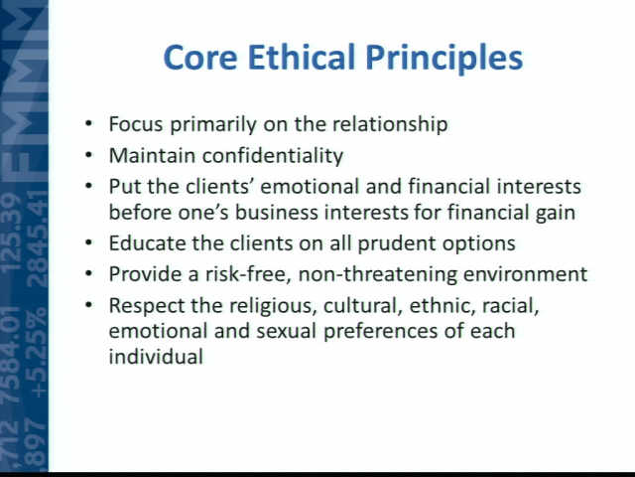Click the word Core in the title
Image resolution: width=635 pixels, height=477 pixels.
point(200,58)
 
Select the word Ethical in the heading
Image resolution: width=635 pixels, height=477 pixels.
point(301,57)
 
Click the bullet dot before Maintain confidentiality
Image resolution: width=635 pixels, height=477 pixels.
point(89,155)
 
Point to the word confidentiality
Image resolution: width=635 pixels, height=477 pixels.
point(273,155)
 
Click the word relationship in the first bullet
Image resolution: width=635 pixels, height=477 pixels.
point(390,124)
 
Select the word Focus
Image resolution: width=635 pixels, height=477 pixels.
point(136,124)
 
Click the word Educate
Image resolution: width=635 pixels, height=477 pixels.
point(147,243)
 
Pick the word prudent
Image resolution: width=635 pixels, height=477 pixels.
point(397,244)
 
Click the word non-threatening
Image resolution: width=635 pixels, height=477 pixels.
point(377,274)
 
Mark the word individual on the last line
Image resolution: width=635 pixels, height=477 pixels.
point(157,357)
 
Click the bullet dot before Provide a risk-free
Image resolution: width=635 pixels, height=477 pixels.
point(89,273)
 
